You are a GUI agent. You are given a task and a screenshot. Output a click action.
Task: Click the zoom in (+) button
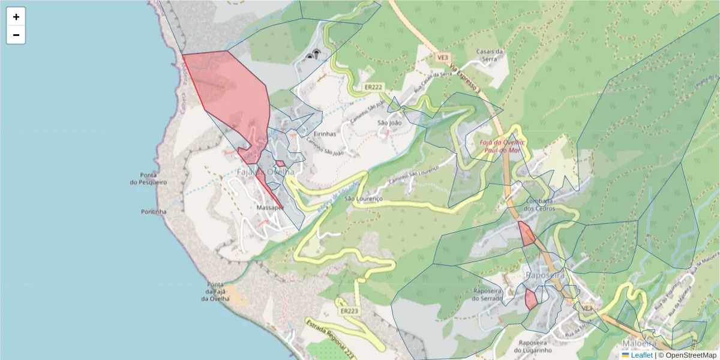click(16, 17)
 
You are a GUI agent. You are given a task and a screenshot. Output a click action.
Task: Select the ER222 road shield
click(373, 88)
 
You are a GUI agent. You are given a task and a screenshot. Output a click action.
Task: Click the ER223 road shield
click(349, 311)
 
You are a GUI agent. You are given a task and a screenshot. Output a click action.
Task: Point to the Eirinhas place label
click(325, 134)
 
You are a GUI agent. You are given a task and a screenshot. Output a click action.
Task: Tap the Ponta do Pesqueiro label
click(149, 178)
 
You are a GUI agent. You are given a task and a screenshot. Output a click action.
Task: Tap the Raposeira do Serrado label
click(491, 294)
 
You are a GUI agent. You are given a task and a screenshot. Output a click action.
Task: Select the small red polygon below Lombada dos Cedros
click(527, 234)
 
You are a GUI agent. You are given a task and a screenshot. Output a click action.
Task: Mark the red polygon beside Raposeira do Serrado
click(531, 299)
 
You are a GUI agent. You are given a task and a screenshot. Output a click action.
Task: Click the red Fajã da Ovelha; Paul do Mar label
click(503, 146)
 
